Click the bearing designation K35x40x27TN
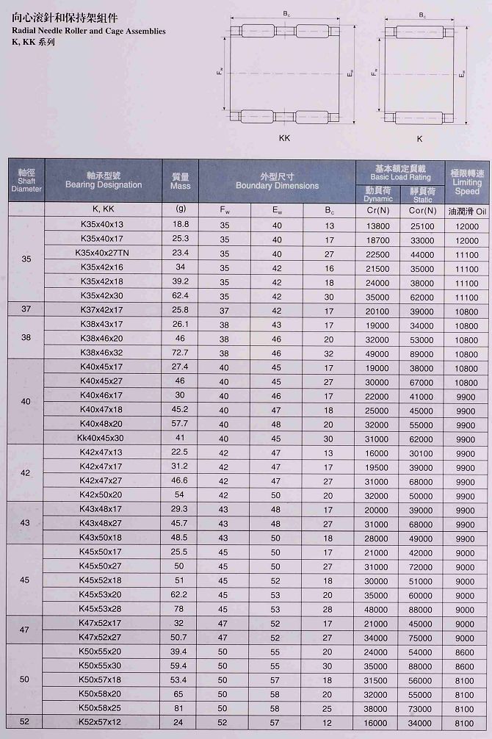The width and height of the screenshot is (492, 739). (103, 253)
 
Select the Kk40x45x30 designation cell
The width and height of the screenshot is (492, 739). (103, 438)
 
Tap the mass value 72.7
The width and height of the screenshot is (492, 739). (180, 353)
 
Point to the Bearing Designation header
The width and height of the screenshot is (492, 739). (104, 181)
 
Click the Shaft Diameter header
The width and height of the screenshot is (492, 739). (26, 181)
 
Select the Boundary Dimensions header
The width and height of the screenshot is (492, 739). (277, 181)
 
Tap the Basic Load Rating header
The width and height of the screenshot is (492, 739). (400, 173)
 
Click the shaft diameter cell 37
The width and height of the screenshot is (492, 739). (26, 309)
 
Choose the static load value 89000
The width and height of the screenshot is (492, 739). (422, 353)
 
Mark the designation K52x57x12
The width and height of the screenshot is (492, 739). (103, 722)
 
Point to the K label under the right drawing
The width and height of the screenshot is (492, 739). (419, 137)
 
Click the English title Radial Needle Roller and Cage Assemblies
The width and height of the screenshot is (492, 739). (89, 31)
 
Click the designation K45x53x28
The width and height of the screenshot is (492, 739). (103, 609)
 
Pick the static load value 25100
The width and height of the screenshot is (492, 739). (422, 225)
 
